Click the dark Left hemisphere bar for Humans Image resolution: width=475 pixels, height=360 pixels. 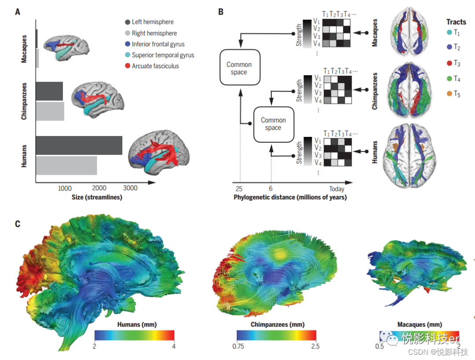tap(79, 145)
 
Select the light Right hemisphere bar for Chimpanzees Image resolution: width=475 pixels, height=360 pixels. tap(50, 111)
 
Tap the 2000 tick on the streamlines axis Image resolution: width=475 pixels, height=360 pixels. tap(99, 188)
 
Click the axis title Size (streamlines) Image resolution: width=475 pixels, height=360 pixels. tap(97, 197)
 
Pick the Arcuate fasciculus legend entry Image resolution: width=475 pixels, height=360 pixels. tap(155, 66)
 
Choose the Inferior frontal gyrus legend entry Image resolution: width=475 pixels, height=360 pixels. tap(158, 44)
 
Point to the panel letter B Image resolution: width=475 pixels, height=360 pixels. tap(221, 12)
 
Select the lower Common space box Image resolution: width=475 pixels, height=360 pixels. tap(273, 124)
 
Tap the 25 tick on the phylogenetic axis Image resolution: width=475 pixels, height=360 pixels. tap(240, 189)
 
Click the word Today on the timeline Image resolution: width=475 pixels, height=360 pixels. tap(336, 189)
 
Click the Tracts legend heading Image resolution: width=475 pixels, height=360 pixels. tap(456, 22)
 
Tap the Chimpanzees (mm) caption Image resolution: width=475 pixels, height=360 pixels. tap(277, 324)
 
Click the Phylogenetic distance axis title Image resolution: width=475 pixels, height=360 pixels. tap(290, 197)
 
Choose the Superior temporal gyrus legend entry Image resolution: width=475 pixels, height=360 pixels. tap(163, 55)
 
